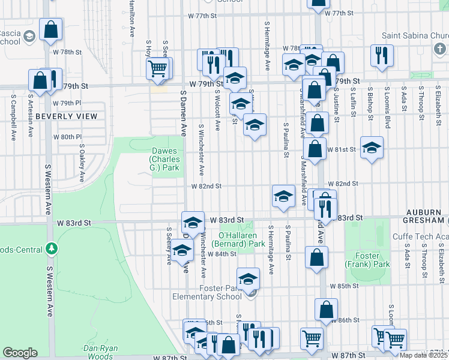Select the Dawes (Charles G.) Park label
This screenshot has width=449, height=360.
point(164,160)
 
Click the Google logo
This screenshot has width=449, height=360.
point(20,353)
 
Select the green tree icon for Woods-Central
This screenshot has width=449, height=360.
point(52,248)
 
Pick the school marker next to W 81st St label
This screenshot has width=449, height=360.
point(372,148)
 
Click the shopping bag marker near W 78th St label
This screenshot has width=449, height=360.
point(52,29)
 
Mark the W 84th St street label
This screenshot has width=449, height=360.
point(222,254)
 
